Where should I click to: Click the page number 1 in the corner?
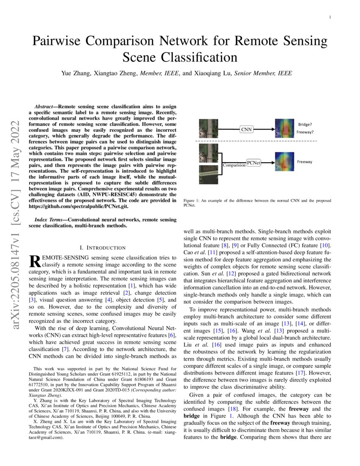330,17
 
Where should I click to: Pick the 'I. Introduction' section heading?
102,247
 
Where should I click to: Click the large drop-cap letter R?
33,261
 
